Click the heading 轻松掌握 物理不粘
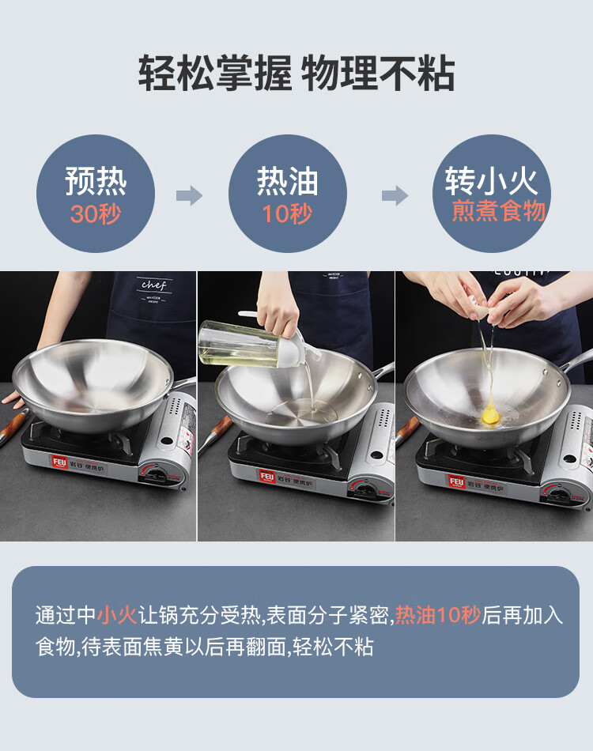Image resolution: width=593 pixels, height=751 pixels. click(296, 73)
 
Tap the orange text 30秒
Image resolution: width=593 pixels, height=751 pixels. click(96, 213)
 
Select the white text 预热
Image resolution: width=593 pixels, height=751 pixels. click(96, 181)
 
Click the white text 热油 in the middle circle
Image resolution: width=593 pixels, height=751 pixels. click(287, 181)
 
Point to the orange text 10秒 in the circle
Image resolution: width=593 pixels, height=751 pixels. click(287, 213)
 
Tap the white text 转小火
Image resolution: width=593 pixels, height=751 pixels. click(492, 181)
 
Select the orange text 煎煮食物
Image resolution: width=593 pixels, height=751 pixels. click(499, 211)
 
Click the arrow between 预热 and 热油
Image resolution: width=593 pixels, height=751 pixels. click(189, 195)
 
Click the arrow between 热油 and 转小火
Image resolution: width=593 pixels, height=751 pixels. click(395, 195)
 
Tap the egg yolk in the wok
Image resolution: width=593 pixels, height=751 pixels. click(490, 416)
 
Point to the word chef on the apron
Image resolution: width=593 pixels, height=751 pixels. click(153, 285)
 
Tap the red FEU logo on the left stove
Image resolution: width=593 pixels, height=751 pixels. click(59, 462)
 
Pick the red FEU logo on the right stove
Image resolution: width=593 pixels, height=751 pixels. click(456, 481)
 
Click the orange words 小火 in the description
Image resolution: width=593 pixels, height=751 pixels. click(117, 614)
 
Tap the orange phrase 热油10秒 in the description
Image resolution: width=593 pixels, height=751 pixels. click(438, 614)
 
